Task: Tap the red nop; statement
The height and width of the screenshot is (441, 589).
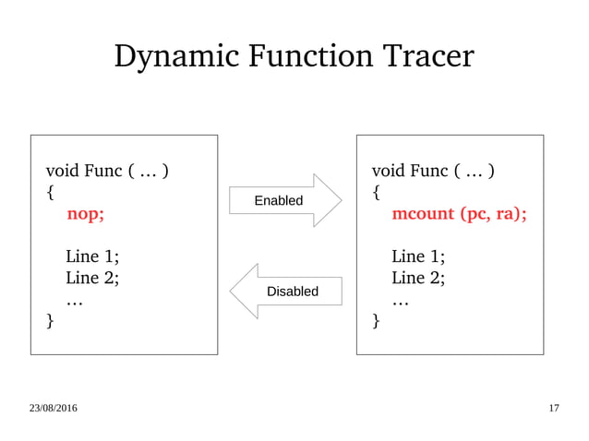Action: (x=86, y=214)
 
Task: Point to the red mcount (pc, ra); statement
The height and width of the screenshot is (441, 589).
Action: (x=459, y=214)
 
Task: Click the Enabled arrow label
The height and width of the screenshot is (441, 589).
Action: (x=278, y=200)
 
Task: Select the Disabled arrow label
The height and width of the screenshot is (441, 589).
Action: (x=292, y=292)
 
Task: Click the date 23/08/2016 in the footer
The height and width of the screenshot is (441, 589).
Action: (x=53, y=408)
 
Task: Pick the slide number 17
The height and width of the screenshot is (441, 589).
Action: (x=553, y=408)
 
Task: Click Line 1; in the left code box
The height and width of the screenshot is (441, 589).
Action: (x=92, y=256)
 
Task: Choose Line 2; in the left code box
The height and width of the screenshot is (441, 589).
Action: (x=92, y=278)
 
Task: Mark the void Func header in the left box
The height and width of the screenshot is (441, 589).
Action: (x=107, y=172)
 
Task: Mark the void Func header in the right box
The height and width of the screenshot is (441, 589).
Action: (x=433, y=172)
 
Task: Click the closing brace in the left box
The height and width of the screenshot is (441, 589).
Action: (x=51, y=321)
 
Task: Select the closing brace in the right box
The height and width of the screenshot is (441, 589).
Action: (x=376, y=321)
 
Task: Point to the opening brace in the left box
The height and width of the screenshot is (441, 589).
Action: (x=51, y=193)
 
